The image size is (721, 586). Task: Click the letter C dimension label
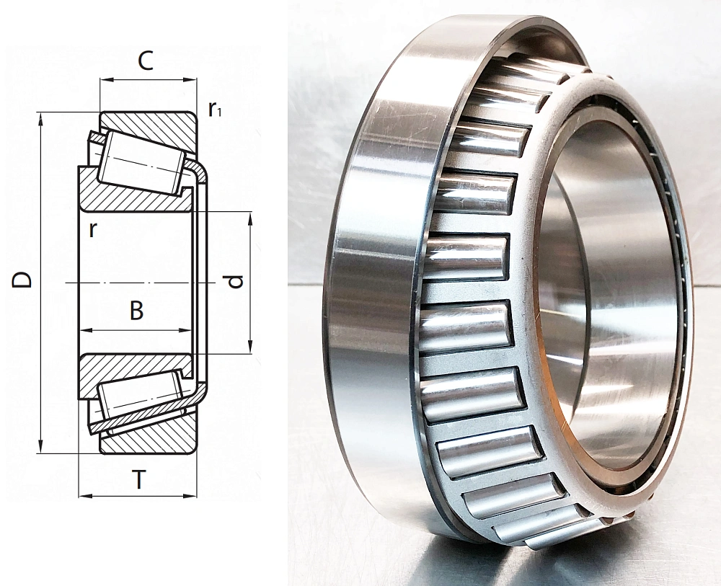click(x=146, y=61)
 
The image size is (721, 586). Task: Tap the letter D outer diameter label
click(x=23, y=280)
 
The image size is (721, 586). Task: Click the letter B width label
click(x=136, y=311)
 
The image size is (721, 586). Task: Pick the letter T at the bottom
click(x=138, y=479)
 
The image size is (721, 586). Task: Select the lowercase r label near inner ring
click(x=92, y=229)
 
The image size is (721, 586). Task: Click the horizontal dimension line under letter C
click(x=148, y=80)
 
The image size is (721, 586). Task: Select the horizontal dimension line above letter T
click(x=137, y=496)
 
